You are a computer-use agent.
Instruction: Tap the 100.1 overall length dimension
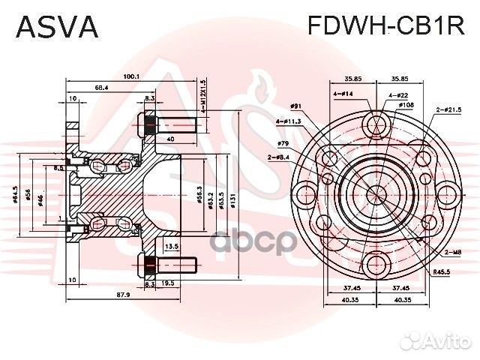coord(132,76)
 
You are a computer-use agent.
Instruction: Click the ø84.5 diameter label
coord(16,197)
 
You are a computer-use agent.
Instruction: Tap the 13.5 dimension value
coord(171,246)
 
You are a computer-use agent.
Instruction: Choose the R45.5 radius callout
coord(442,273)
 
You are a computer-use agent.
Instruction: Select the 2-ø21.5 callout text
coord(448,110)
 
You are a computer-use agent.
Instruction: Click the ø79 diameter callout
coord(283,142)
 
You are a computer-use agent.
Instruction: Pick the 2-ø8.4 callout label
coord(279,156)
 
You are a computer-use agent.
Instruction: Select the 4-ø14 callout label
coord(343,94)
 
